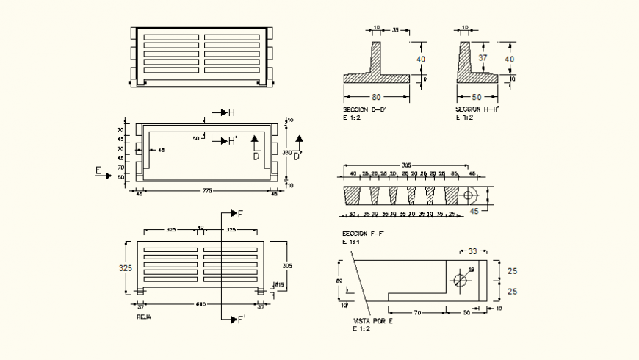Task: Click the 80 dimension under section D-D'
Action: click(375, 96)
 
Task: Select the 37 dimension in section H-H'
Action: click(482, 57)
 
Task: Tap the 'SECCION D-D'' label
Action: click(364, 109)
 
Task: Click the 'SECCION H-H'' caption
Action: click(477, 109)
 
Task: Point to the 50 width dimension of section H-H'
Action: click(475, 96)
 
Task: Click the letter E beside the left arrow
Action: click(98, 171)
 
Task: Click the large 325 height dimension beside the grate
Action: click(126, 268)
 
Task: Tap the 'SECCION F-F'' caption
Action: click(363, 233)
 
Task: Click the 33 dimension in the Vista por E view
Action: click(472, 252)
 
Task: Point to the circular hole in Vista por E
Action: click(461, 280)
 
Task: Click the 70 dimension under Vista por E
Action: click(416, 313)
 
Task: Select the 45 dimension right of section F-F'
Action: click(474, 211)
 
